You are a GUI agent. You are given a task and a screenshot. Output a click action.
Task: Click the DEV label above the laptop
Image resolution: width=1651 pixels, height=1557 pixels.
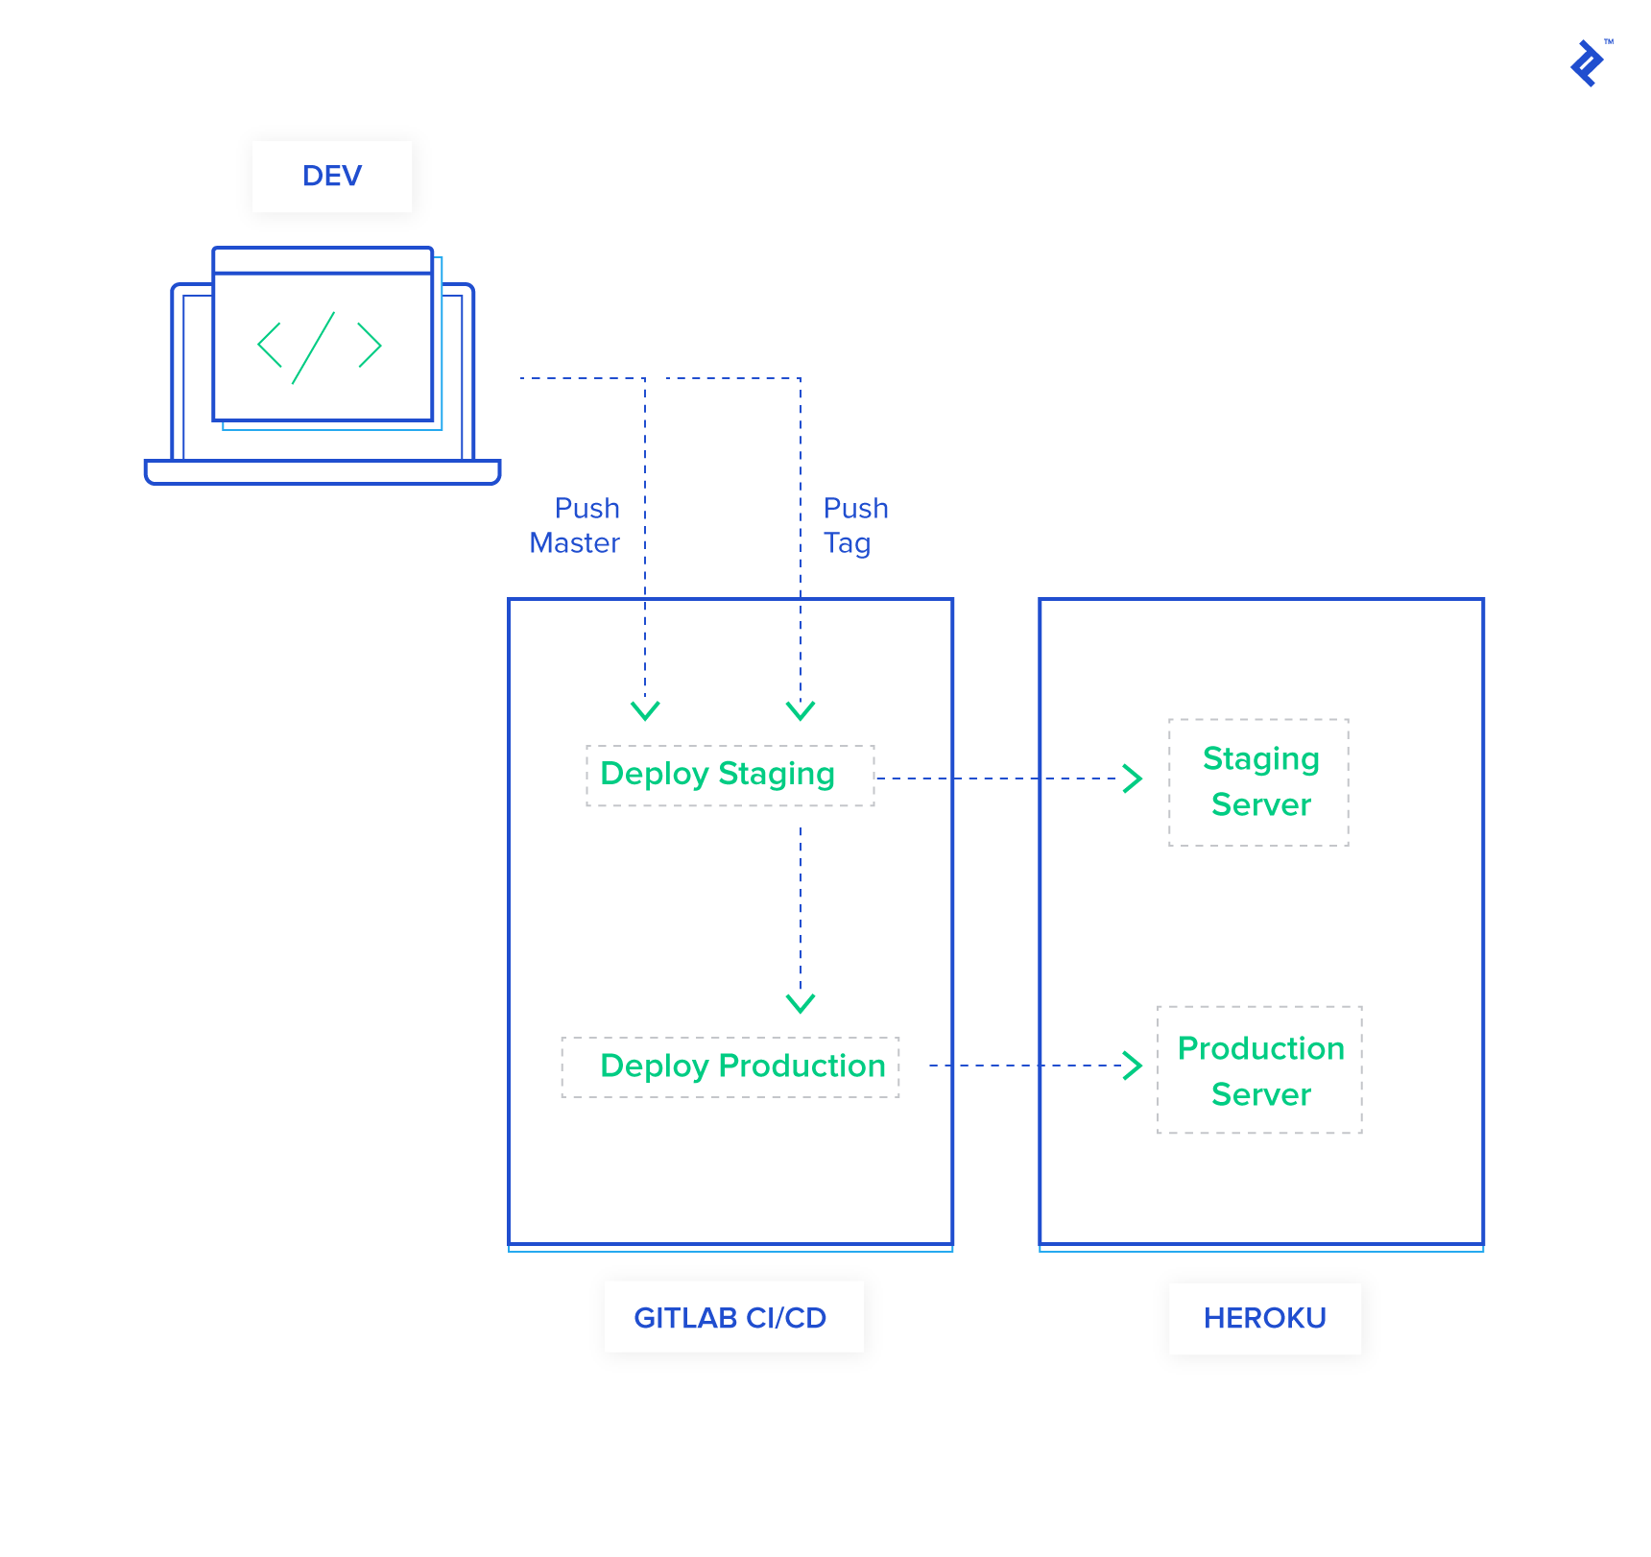[331, 177]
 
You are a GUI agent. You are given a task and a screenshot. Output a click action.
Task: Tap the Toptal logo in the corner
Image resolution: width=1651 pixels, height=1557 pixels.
[1588, 63]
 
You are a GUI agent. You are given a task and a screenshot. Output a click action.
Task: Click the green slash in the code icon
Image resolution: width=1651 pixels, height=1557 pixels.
[313, 347]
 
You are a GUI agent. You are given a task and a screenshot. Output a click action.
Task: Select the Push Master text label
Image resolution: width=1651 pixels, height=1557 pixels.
[575, 525]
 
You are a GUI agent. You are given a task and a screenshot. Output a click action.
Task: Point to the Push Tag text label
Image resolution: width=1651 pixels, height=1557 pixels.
[854, 525]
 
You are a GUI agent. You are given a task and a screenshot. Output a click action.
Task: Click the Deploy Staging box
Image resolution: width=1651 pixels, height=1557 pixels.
[730, 775]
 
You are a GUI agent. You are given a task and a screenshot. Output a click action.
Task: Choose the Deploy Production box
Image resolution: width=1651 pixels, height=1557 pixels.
[730, 1066]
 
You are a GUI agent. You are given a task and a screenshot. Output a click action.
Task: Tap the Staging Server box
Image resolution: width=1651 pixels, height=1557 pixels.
[1258, 781]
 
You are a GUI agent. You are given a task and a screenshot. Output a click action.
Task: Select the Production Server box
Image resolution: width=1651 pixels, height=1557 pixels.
[1259, 1069]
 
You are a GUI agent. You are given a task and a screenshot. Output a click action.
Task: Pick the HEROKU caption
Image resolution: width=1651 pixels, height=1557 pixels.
[1264, 1318]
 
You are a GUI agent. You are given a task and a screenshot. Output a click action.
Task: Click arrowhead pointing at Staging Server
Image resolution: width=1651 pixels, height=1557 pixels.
[1134, 778]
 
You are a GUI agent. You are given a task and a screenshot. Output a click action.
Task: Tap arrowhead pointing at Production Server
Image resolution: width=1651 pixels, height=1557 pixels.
[1134, 1065]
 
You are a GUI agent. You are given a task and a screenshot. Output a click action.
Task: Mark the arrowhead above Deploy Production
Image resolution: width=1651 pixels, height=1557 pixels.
[800, 1003]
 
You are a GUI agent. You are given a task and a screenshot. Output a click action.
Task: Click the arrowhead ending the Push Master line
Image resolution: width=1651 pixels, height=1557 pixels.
[645, 710]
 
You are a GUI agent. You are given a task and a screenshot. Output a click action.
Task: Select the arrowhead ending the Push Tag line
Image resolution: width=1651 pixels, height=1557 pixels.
[800, 710]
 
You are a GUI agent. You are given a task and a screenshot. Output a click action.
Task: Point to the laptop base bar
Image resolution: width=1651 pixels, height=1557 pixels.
[323, 472]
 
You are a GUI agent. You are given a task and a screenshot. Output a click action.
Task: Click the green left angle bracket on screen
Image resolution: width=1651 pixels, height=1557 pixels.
[270, 346]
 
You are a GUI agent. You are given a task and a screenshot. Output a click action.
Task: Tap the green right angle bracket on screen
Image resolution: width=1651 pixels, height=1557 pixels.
[370, 346]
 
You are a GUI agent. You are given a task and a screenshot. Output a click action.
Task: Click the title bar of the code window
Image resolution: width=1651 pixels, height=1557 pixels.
[323, 260]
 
